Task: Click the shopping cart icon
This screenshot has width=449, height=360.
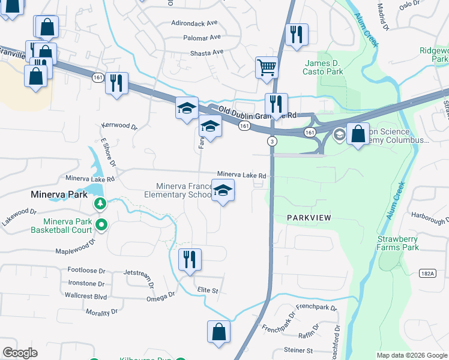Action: (267, 67)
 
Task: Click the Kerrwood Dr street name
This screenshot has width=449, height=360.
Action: (119, 127)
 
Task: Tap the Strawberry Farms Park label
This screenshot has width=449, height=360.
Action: (397, 242)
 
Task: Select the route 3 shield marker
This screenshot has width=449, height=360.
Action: (273, 141)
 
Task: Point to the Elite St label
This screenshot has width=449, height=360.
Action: (208, 290)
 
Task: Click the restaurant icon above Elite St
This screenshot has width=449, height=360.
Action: (190, 259)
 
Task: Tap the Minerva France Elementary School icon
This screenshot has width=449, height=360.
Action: (223, 191)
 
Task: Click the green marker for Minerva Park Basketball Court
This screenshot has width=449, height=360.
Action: (101, 226)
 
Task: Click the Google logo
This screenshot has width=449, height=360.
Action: (20, 353)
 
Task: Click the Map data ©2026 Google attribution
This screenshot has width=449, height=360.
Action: (411, 355)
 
